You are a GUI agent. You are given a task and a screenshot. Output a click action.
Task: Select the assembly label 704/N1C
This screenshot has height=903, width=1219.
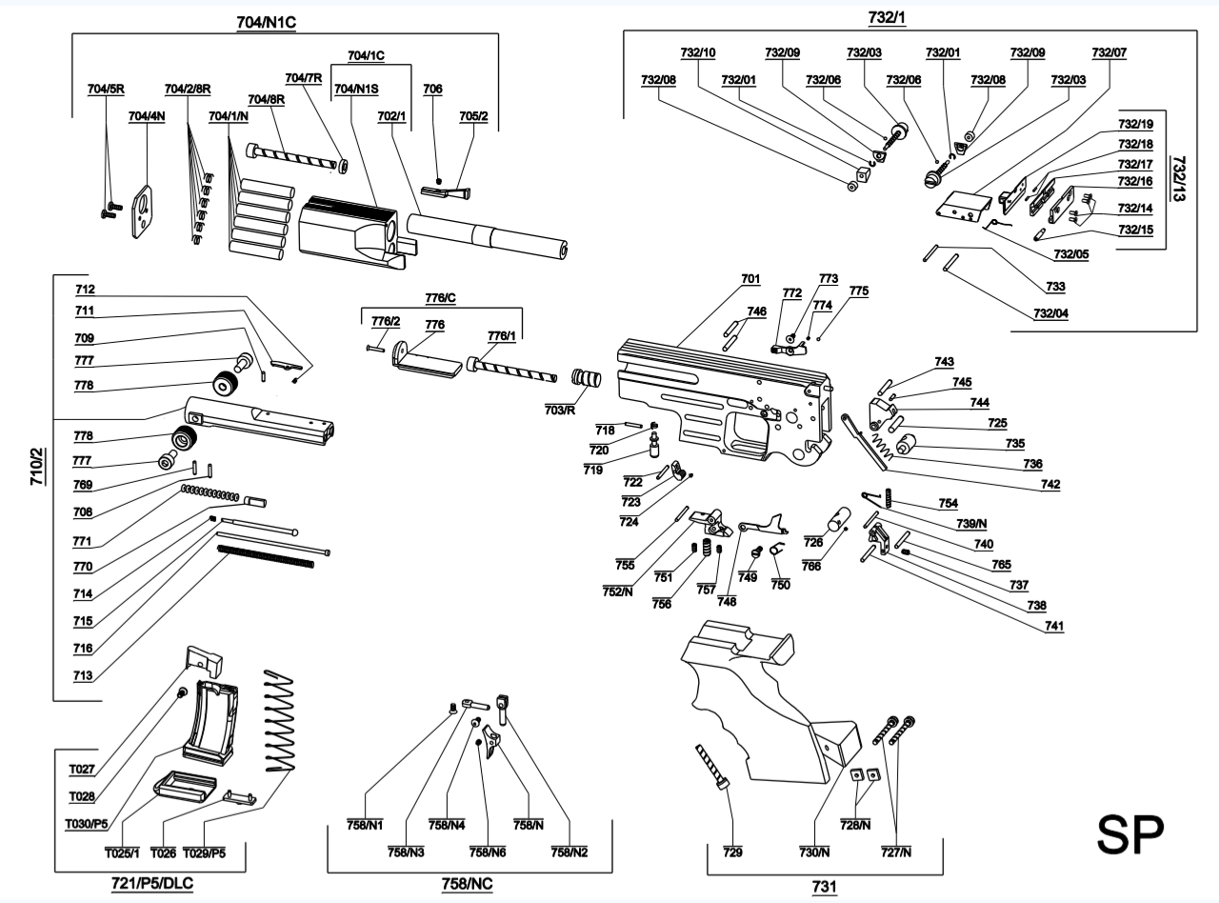click(267, 21)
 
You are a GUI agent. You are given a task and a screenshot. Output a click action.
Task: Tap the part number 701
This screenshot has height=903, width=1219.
click(750, 279)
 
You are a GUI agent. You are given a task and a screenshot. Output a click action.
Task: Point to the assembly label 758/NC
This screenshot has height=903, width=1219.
click(467, 884)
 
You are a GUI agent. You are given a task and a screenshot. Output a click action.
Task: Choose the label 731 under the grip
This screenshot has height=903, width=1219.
click(824, 887)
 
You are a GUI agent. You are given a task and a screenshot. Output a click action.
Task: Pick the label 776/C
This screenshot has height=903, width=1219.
click(439, 299)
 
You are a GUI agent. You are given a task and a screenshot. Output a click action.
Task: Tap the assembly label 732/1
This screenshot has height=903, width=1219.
click(888, 18)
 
